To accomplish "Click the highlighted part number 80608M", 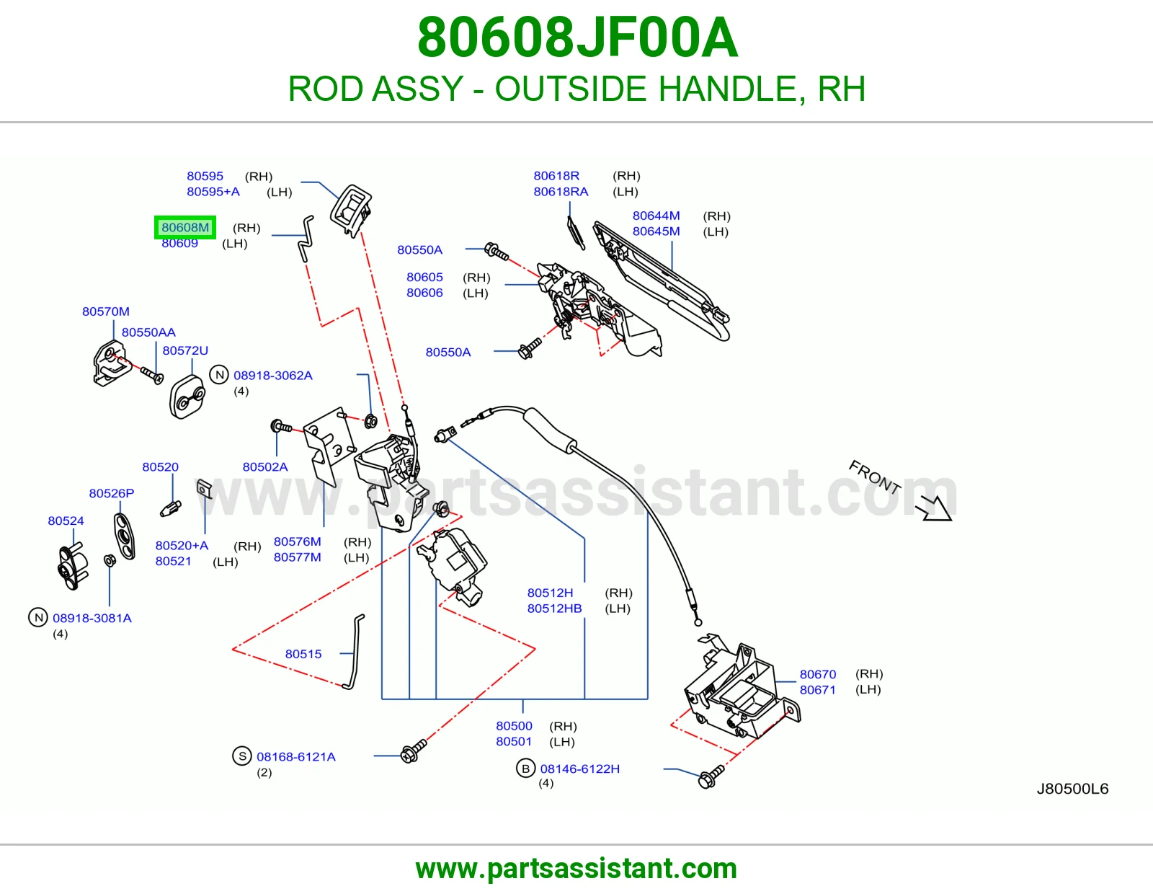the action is click(x=185, y=228).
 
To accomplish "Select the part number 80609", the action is click(x=180, y=244).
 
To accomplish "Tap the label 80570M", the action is click(x=106, y=311).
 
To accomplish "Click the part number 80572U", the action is click(x=185, y=350).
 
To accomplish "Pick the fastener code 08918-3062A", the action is click(x=272, y=376).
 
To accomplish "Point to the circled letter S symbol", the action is click(x=242, y=756).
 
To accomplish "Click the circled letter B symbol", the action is click(x=525, y=768).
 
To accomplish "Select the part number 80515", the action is click(x=303, y=654).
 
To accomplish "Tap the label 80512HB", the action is click(x=554, y=608).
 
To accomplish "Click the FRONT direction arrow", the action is click(x=935, y=509).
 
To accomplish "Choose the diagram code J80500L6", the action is click(x=1072, y=789).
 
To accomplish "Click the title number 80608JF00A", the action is click(x=577, y=37).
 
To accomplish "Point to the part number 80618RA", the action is click(x=561, y=192).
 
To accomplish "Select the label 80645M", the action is click(x=656, y=231).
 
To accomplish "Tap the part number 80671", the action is click(x=818, y=690).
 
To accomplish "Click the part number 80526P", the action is click(x=112, y=493).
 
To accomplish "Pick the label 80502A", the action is click(x=265, y=466).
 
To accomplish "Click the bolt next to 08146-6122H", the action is click(x=711, y=776).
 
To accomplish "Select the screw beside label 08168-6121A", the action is click(x=414, y=751).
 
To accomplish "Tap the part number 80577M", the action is click(x=297, y=557).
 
